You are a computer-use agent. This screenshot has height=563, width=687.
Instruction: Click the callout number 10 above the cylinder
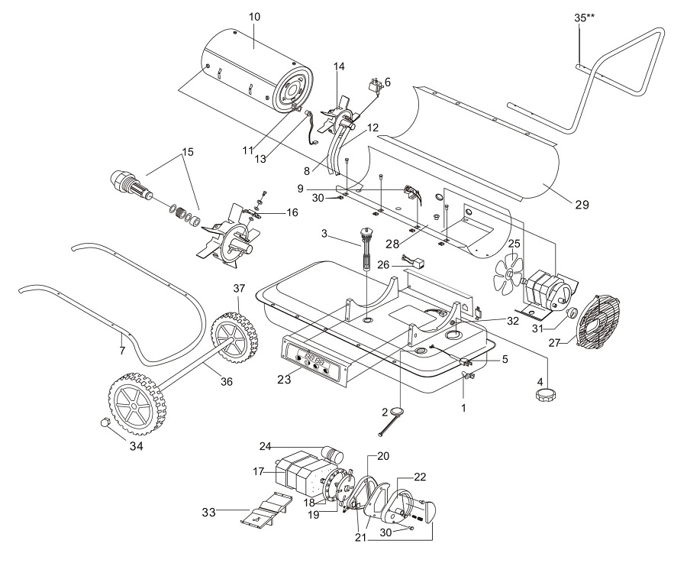254,17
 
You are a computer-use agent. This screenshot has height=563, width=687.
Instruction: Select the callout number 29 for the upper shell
582,204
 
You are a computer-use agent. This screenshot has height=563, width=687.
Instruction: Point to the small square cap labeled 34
105,422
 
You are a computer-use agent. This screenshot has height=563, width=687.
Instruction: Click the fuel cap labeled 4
543,394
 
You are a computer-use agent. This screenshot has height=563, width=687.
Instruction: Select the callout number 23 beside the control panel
284,379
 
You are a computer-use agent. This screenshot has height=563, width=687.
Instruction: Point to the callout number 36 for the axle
226,381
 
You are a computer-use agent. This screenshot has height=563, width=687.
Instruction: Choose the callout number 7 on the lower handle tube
122,350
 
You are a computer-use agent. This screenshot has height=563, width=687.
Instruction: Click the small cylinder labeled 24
334,453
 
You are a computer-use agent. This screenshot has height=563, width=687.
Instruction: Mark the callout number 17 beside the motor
258,471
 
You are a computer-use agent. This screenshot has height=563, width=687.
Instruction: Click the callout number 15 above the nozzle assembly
188,152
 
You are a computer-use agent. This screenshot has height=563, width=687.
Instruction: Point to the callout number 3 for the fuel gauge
324,233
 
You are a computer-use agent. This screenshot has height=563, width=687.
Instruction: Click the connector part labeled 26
412,262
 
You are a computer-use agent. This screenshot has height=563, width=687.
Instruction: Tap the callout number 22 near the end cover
420,477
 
